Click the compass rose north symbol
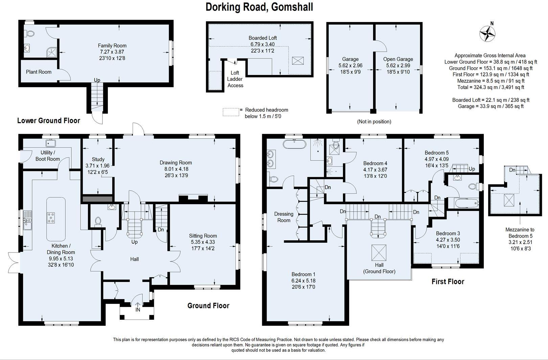tap(487, 33)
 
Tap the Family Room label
tap(112, 45)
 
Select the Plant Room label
tap(39, 72)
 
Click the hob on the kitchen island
tap(51, 218)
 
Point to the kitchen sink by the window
tap(27, 220)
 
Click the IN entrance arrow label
tap(138, 310)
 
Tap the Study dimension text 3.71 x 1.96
tap(98, 166)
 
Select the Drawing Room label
tap(176, 163)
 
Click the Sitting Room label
tap(203, 236)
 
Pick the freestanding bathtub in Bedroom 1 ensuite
tap(294, 144)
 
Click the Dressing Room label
tap(284, 217)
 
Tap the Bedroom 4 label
tap(375, 163)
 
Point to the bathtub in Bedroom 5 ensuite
tap(466, 203)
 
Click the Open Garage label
tap(398, 59)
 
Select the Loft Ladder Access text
tap(235, 79)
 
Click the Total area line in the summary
tap(490, 87)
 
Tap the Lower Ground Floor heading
tap(48, 120)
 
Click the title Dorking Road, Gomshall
tap(259, 7)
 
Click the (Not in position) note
tap(374, 121)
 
